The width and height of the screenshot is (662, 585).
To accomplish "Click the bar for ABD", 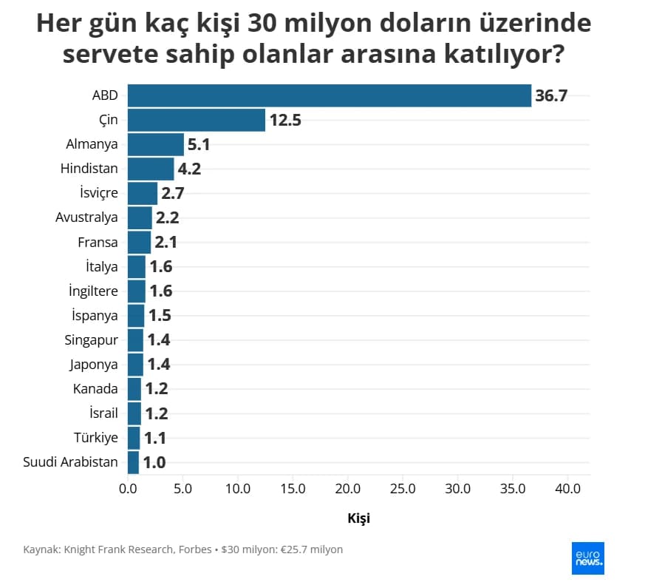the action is (x=330, y=95).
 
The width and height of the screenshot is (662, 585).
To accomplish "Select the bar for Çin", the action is (x=197, y=120).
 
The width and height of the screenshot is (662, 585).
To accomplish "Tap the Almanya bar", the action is (x=156, y=144).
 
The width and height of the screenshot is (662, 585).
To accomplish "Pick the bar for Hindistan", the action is (x=151, y=169).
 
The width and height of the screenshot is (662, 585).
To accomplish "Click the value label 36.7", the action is (x=551, y=96).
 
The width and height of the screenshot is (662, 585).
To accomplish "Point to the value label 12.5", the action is (x=285, y=120).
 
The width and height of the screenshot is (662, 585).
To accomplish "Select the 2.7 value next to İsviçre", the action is (x=173, y=194).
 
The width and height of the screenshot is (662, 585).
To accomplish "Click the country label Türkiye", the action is (x=96, y=438).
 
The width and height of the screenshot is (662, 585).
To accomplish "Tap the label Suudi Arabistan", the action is (x=70, y=462).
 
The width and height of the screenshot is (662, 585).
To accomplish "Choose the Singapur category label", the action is (x=91, y=340).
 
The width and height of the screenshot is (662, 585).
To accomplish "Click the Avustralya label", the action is (x=86, y=217).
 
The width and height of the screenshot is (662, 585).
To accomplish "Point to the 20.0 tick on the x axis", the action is (x=347, y=489).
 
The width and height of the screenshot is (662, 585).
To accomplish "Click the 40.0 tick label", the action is (x=568, y=489).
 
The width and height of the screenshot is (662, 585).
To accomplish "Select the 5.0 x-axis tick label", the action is (x=182, y=489).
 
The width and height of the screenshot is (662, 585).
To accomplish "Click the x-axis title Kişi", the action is (x=359, y=518).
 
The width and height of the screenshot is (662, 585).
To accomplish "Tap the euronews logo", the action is (x=588, y=558).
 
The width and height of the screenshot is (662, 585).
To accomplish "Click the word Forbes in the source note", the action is (x=195, y=550).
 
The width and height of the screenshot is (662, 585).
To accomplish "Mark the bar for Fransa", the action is (x=140, y=243).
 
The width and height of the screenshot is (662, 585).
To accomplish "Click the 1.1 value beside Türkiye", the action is (x=155, y=439).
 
